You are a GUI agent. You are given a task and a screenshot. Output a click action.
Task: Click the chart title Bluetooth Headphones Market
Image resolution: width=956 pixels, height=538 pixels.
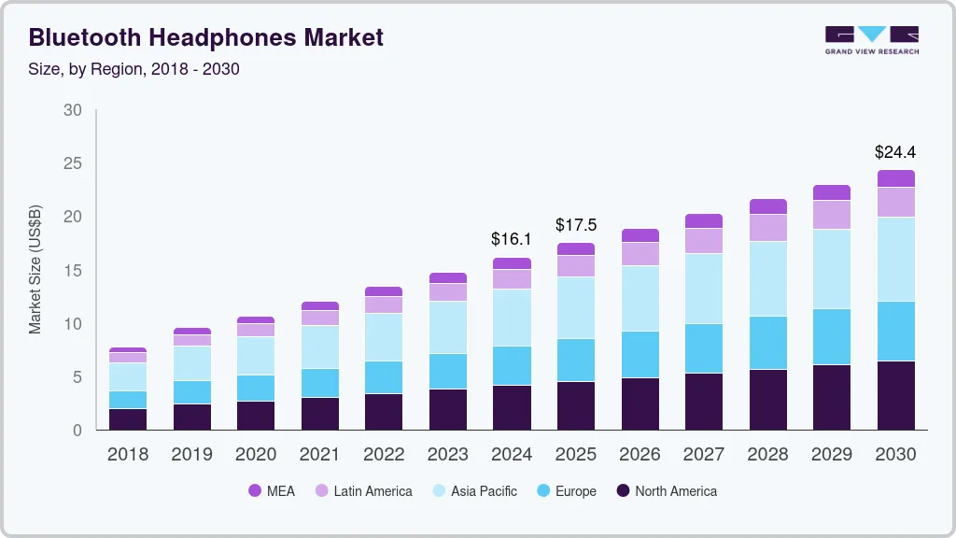205,38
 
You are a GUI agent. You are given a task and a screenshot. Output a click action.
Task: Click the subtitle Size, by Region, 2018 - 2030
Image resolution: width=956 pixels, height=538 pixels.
134,69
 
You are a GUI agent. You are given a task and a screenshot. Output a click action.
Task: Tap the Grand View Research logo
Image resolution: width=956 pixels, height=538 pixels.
871,39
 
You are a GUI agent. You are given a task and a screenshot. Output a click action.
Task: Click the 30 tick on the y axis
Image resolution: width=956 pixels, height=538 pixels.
72,110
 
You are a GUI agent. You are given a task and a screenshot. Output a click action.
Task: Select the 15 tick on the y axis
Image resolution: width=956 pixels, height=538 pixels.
72,271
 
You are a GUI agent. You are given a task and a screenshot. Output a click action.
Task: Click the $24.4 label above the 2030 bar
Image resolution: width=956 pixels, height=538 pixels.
895,151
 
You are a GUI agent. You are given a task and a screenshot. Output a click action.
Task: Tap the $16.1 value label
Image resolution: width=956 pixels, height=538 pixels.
512,239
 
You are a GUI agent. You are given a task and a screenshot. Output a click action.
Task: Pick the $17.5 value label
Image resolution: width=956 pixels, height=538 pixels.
576,225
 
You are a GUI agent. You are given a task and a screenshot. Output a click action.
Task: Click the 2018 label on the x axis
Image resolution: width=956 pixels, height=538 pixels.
128,455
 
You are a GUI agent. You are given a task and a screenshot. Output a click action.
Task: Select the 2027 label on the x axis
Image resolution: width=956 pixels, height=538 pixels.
704,455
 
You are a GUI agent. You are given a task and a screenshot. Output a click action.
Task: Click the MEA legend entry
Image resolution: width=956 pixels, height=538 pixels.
271,491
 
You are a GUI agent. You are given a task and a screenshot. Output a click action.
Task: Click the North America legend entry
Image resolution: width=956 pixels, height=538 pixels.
666,491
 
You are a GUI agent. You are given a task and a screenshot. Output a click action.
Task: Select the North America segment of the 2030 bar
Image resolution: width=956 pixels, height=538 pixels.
896,395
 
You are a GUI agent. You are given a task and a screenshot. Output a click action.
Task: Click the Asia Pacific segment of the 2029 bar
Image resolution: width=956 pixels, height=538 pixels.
832,269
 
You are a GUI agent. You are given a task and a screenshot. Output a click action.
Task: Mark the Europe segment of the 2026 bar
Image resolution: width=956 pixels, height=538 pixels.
640,355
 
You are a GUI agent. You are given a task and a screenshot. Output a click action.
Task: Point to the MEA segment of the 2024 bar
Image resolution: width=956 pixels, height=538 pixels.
513,263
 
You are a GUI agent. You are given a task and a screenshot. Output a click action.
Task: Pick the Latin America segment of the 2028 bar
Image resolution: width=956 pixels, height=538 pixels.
768,228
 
